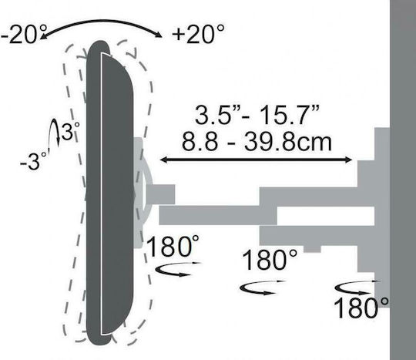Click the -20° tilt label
[23, 34]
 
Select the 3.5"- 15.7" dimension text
[257, 114]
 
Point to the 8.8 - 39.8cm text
[257, 143]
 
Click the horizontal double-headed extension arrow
[257, 160]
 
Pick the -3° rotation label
[34, 161]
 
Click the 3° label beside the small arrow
[70, 131]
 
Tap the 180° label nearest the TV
[173, 246]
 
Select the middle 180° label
[270, 261]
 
